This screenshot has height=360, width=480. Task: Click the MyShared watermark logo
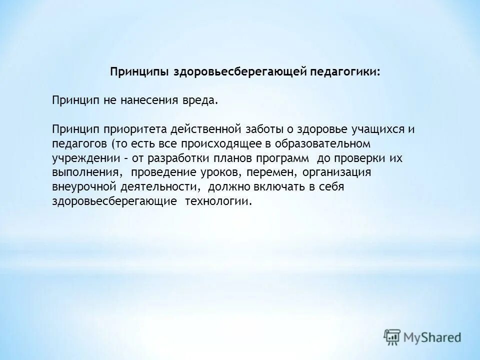pos(422,336)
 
